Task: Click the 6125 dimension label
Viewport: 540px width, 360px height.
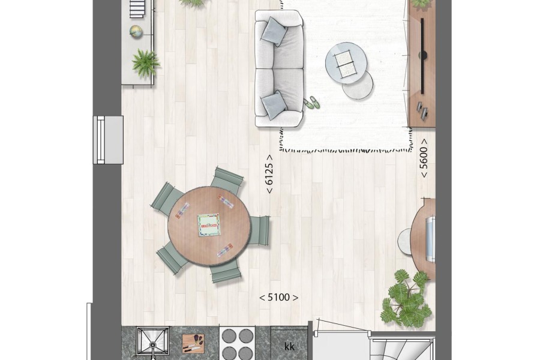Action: [269, 174]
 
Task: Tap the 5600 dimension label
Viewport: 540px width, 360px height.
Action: [424, 158]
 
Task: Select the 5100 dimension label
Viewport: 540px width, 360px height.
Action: [278, 298]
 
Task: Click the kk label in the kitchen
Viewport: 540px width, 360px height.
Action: [289, 347]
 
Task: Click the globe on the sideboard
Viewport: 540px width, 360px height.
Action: [136, 32]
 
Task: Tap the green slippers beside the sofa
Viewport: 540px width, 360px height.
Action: [311, 102]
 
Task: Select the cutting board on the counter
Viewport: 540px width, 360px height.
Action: [193, 343]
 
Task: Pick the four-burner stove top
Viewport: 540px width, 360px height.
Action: [238, 343]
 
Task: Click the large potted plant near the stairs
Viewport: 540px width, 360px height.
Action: [407, 299]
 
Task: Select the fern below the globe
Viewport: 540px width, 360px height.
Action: [146, 62]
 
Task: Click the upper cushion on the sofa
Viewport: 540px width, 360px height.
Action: [274, 31]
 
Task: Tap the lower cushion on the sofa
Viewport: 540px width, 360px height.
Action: [274, 106]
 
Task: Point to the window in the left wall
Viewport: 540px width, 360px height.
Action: [108, 140]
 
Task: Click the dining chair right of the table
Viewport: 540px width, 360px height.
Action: [258, 230]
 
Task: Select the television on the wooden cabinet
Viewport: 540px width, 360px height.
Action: [422, 55]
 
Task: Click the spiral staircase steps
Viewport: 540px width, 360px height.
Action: [400, 349]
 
